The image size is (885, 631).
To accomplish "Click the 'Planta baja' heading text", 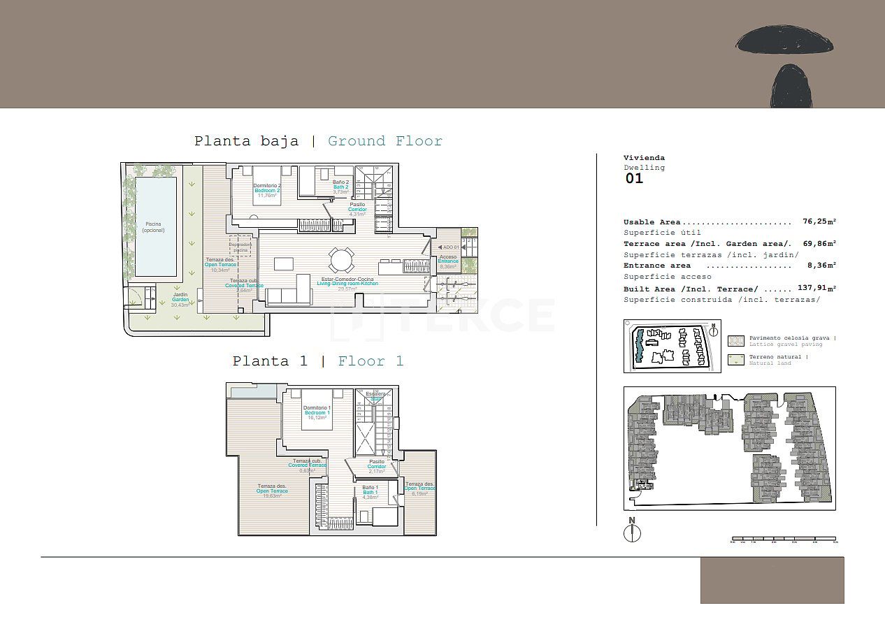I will [246, 141].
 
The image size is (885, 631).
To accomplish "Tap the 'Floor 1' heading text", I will [370, 361].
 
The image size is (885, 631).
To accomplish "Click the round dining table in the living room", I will [342, 260].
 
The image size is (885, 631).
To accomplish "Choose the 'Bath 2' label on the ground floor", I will [340, 187].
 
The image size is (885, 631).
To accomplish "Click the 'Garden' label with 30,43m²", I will [180, 299].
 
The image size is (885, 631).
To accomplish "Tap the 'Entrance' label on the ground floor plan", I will [448, 261].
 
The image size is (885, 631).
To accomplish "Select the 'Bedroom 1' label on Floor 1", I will [316, 413].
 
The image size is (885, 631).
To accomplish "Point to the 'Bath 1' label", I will [370, 493].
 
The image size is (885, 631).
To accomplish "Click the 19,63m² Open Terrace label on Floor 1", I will [272, 491].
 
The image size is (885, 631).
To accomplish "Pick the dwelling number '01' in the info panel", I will [633, 178].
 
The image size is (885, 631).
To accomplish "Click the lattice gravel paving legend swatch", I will [735, 340].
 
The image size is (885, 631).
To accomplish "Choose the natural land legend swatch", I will [735, 360].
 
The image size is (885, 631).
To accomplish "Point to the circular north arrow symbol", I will [632, 532].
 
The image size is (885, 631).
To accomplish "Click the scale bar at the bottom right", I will [783, 539].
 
